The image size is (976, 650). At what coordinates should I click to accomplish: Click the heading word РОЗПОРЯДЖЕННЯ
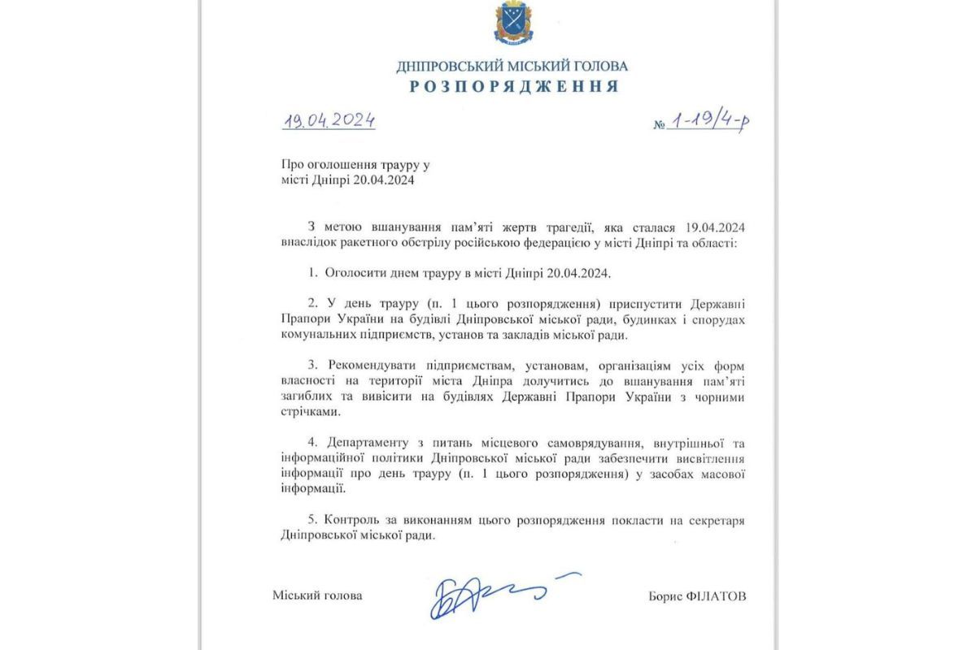(x=512, y=86)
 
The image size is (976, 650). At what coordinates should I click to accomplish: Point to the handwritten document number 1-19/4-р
(x=708, y=121)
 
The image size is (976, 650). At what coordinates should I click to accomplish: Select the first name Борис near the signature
(x=665, y=596)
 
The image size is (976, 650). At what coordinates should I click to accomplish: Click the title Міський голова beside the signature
(x=317, y=596)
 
